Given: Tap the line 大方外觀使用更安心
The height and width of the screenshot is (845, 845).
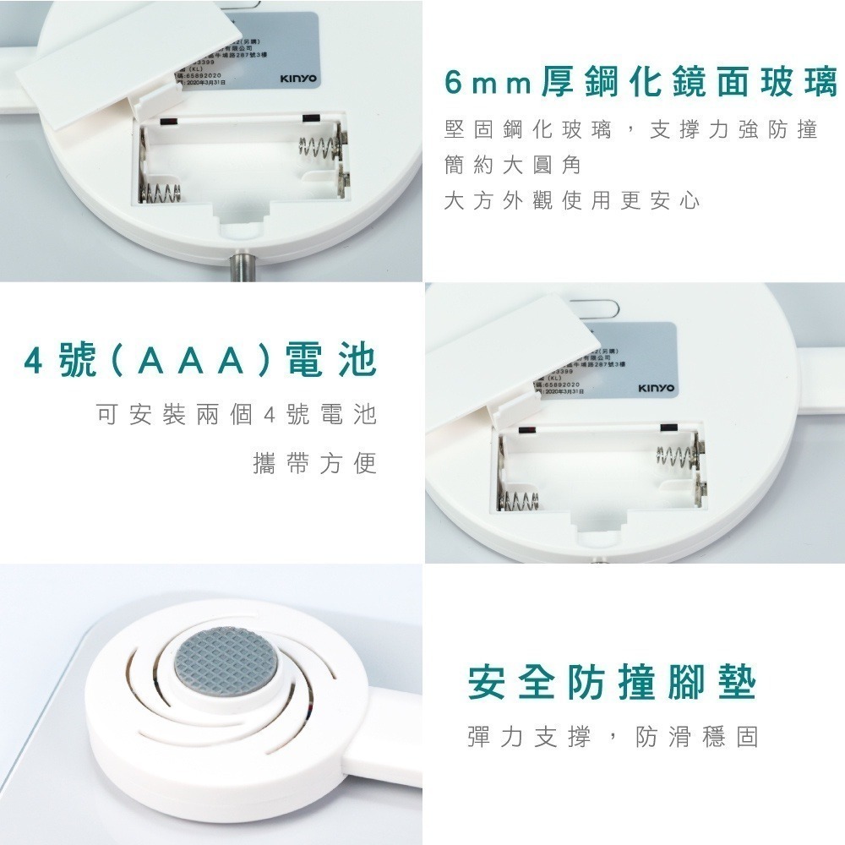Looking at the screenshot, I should pos(572,201).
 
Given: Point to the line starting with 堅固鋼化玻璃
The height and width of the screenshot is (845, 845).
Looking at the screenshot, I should pos(630,130).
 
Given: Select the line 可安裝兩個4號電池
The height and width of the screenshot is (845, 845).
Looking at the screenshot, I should pos(236,415).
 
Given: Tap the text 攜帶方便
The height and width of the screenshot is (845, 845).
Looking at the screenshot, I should pos(314,464).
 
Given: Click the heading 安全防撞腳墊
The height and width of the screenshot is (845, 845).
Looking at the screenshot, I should pos(612,683).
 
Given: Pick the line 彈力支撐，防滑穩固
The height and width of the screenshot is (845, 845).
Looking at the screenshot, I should pos(612,736).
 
